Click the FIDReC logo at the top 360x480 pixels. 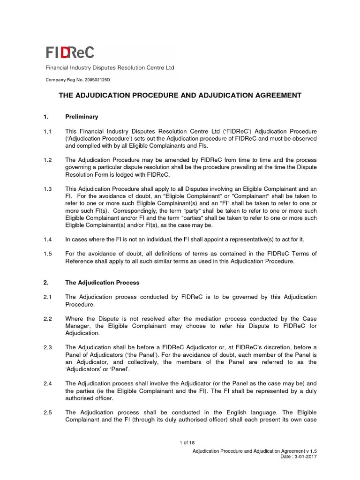tap(70, 52)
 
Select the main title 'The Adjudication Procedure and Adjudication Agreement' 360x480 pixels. tap(180, 95)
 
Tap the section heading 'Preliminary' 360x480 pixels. tap(82, 116)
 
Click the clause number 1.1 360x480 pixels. tap(47, 131)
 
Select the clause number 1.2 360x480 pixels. tap(47, 160)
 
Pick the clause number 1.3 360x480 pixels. tap(47, 188)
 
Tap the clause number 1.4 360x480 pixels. tap(47, 239)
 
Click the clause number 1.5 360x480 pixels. tap(47, 254)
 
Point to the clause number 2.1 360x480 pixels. tap(47, 297)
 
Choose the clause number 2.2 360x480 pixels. tap(47, 318)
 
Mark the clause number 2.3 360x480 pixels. tap(47, 347)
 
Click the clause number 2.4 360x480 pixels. tap(47, 383)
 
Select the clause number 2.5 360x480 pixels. tap(47, 412)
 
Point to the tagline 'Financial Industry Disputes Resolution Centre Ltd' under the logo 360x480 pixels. tap(110, 67)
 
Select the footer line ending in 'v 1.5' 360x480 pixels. tap(258, 450)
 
